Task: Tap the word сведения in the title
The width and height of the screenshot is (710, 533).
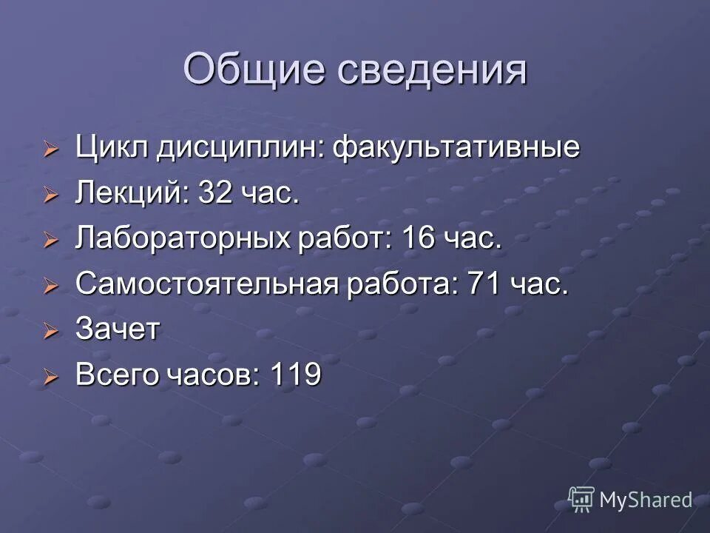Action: pyautogui.click(x=432, y=70)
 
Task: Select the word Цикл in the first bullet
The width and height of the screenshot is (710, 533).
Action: pyautogui.click(x=111, y=148)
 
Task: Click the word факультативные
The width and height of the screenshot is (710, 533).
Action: pyautogui.click(x=456, y=148)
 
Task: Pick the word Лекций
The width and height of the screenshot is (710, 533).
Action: pyautogui.click(x=126, y=194)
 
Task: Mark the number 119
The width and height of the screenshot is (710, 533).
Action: pyautogui.click(x=296, y=375)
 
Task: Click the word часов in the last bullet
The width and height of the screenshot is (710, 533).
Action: pyautogui.click(x=212, y=375)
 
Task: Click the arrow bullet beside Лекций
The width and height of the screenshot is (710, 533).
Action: pyautogui.click(x=50, y=196)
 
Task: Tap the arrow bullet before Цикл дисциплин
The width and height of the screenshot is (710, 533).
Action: pyautogui.click(x=50, y=150)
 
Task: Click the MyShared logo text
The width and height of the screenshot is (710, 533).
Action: pyautogui.click(x=646, y=500)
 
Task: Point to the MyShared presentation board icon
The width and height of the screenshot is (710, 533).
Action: pyautogui.click(x=581, y=499)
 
